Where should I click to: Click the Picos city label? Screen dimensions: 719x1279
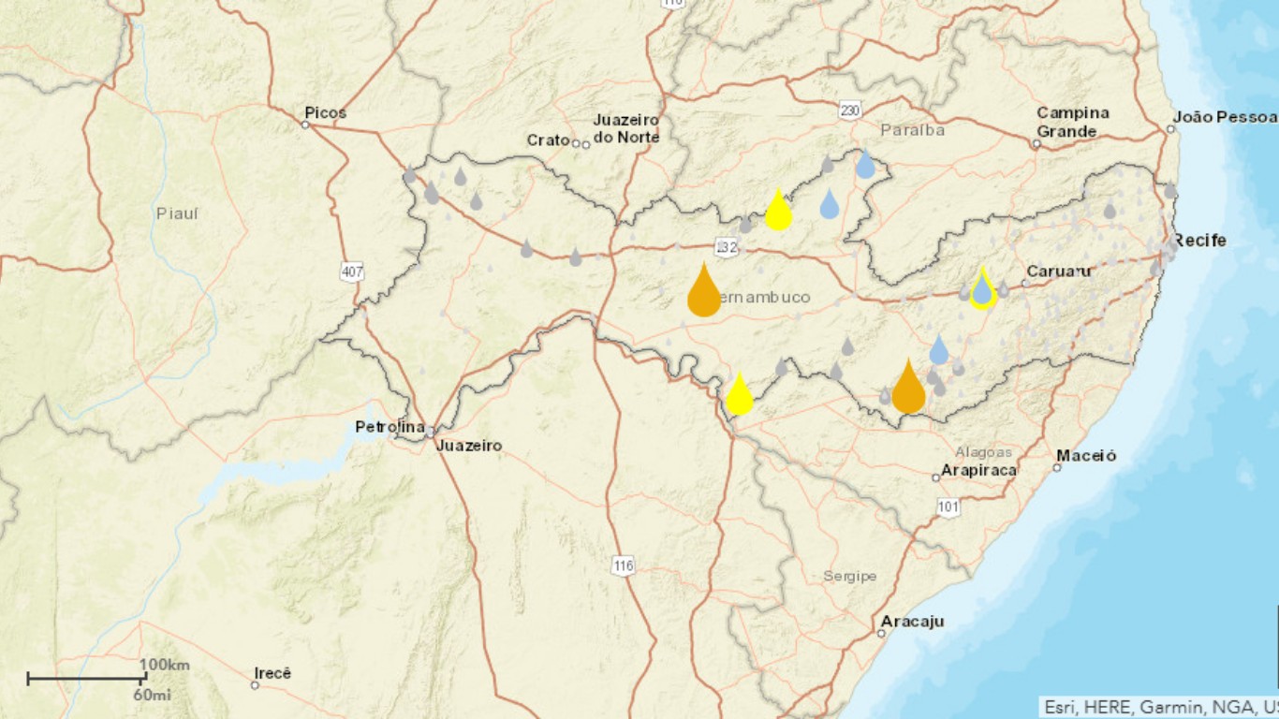325,113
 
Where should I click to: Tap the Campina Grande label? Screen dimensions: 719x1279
1072,122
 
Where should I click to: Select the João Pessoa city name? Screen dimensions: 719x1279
1227,117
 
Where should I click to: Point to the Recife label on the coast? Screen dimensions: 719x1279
1199,241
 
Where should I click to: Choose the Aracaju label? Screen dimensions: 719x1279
912,622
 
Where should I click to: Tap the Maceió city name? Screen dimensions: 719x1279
1086,456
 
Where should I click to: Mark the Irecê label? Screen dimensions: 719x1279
273,673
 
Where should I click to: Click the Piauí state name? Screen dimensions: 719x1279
177,213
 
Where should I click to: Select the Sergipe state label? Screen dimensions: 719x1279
849,576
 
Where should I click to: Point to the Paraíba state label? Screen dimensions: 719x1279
912,130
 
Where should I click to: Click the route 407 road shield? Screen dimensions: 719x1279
351,272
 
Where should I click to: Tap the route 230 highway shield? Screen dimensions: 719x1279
849,110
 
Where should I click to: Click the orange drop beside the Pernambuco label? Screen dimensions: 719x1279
704,291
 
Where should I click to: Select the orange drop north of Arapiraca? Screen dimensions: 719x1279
908,388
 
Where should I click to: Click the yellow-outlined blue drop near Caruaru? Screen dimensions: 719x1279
982,288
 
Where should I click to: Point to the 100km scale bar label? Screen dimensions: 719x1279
165,665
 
